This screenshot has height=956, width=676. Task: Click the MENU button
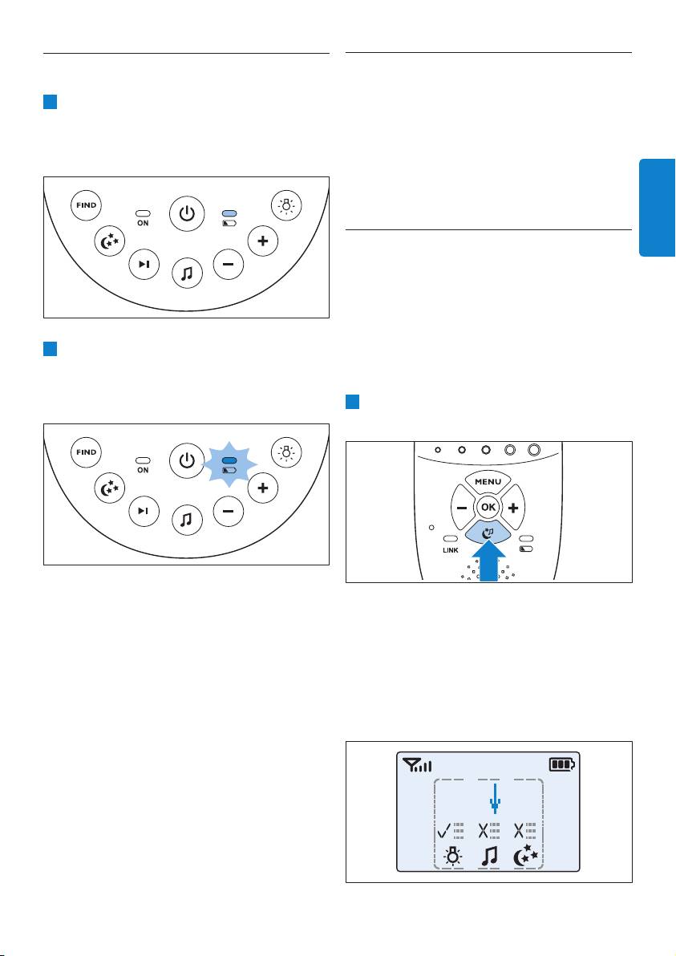point(488,482)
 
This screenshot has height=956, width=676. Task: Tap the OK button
point(488,507)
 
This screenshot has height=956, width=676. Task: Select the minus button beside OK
point(461,507)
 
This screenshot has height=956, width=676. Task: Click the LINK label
point(451,550)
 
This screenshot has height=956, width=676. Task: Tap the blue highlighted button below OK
point(488,532)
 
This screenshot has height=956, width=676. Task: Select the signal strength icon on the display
point(417,764)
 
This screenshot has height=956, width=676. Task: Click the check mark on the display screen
point(444,830)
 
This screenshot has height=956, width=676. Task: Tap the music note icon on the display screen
point(489,856)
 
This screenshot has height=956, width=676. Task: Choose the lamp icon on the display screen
point(451,857)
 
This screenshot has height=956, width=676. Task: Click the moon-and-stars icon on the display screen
point(525,856)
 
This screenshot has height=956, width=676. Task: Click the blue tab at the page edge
point(657,208)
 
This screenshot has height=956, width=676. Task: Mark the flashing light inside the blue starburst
point(229,460)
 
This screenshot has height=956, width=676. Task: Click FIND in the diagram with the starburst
point(86,452)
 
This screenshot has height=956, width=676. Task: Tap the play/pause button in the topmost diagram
point(144,264)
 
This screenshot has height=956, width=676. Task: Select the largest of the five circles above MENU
point(534,450)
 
